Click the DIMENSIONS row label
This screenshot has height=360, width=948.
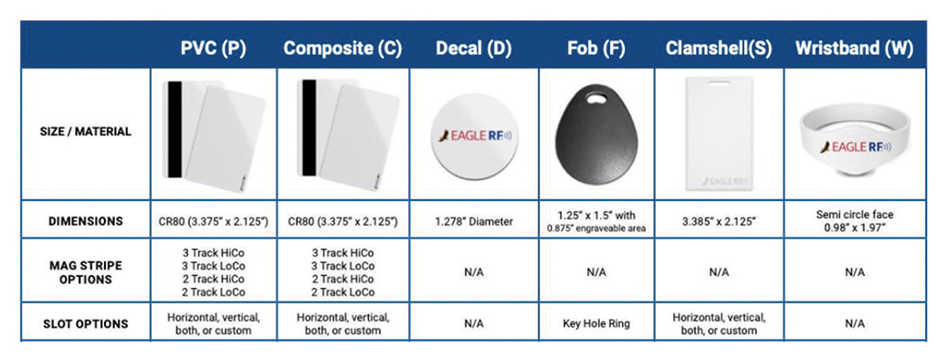click(x=86, y=221)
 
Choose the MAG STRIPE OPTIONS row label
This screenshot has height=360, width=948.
click(x=86, y=273)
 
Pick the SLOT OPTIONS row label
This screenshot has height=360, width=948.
click(x=86, y=323)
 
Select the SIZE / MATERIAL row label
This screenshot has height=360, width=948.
click(x=86, y=132)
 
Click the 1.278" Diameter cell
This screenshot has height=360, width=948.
click(x=474, y=221)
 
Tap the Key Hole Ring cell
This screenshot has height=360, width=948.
click(x=596, y=323)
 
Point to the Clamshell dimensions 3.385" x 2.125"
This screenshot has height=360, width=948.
click(x=718, y=221)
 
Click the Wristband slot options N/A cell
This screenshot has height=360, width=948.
click(x=854, y=323)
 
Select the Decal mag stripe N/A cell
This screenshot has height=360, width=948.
click(x=474, y=273)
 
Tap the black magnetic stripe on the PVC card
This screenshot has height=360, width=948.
click(x=174, y=130)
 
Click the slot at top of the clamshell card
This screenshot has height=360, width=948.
click(x=718, y=82)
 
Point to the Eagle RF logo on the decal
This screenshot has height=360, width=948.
click(x=474, y=135)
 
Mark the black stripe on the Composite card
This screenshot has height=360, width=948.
click(x=308, y=130)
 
